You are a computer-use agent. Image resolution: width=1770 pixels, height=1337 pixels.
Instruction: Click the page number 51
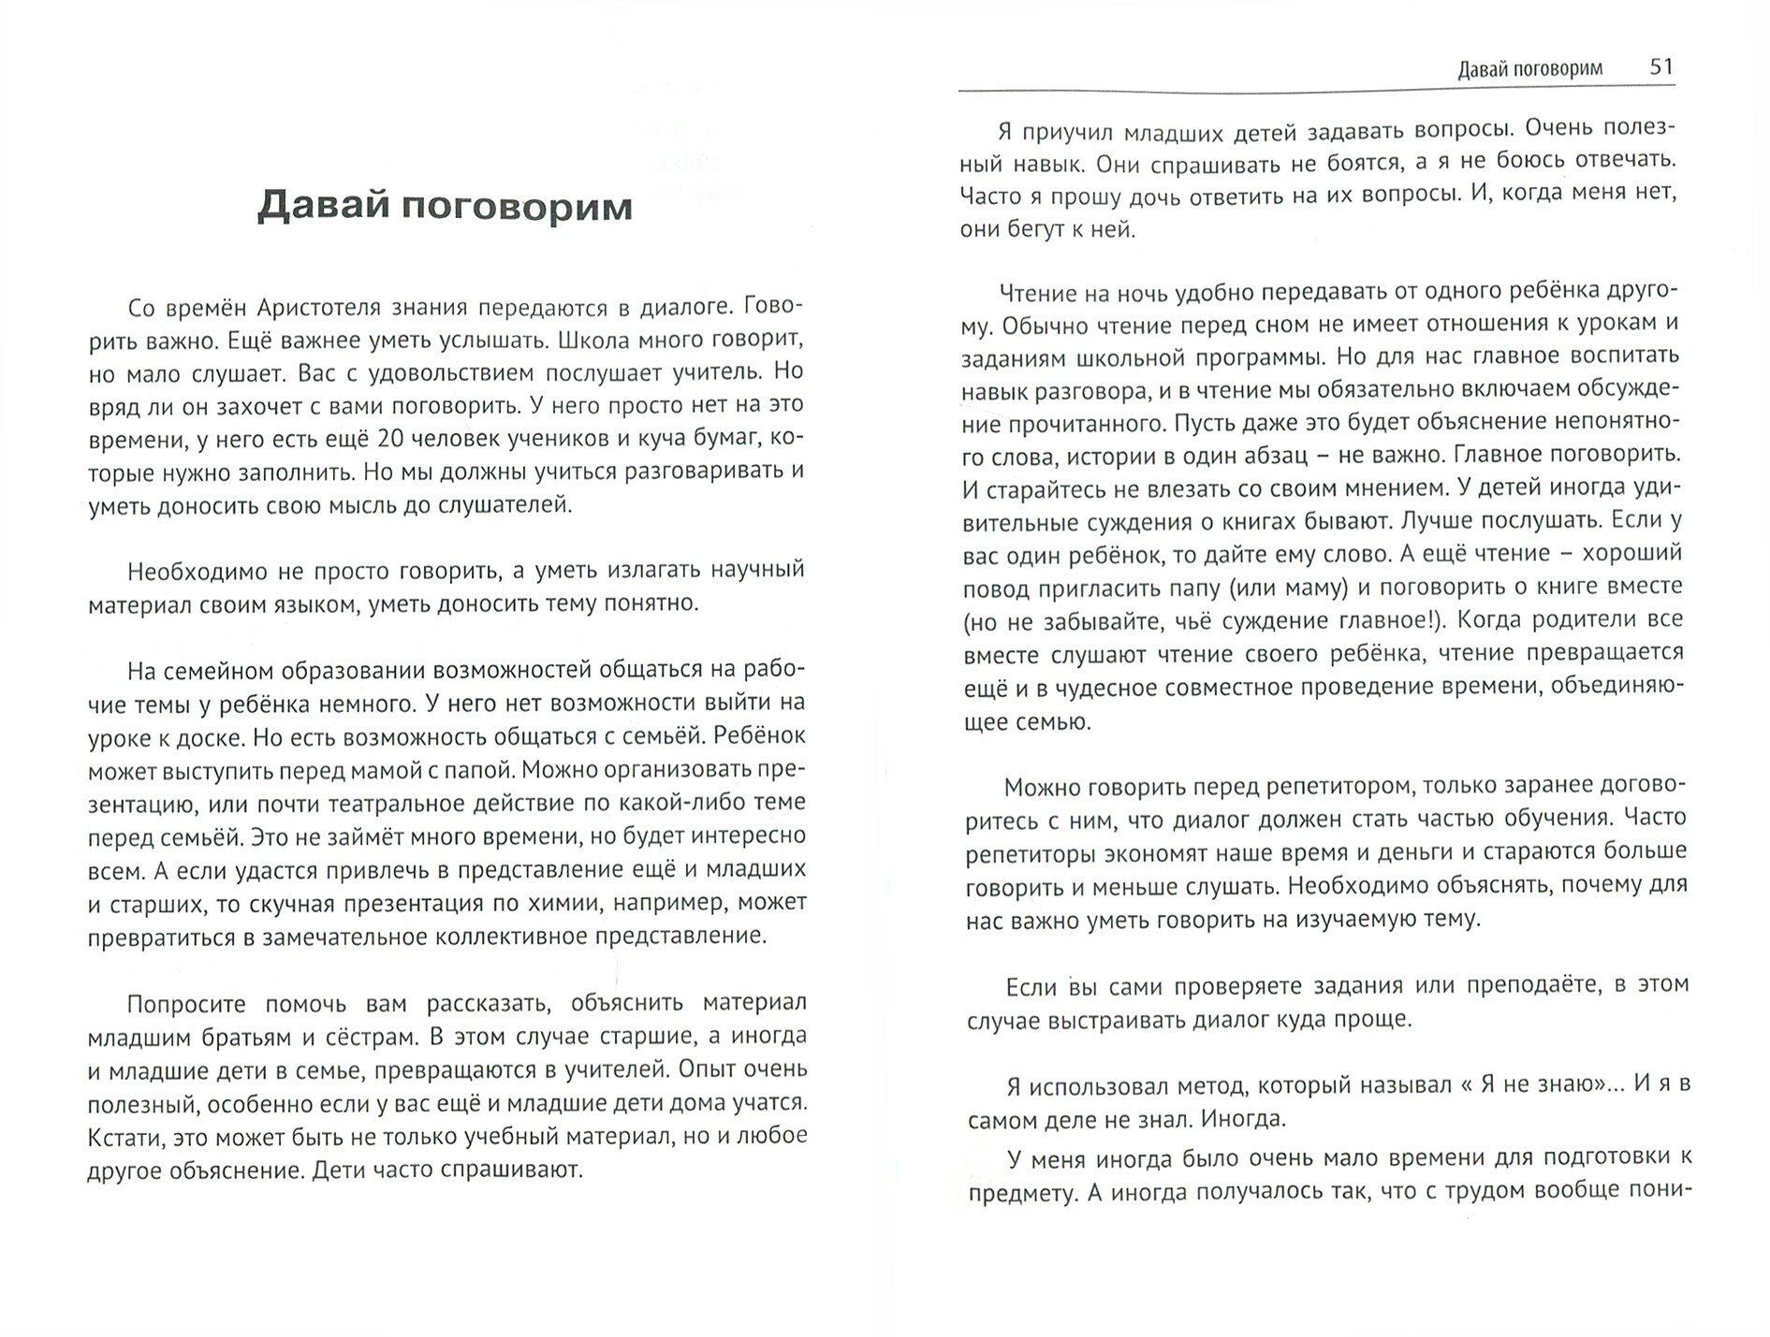pos(1661,66)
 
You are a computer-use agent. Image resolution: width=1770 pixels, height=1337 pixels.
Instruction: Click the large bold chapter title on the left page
pos(445,207)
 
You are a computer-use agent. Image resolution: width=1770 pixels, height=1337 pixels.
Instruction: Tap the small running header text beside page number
pos(1529,68)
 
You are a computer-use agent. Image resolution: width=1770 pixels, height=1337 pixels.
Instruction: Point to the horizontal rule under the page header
pos(1310,90)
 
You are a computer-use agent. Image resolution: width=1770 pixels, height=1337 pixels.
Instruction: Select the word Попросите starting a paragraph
pos(186,1004)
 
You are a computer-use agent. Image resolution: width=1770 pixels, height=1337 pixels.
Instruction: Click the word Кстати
pos(119,1137)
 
